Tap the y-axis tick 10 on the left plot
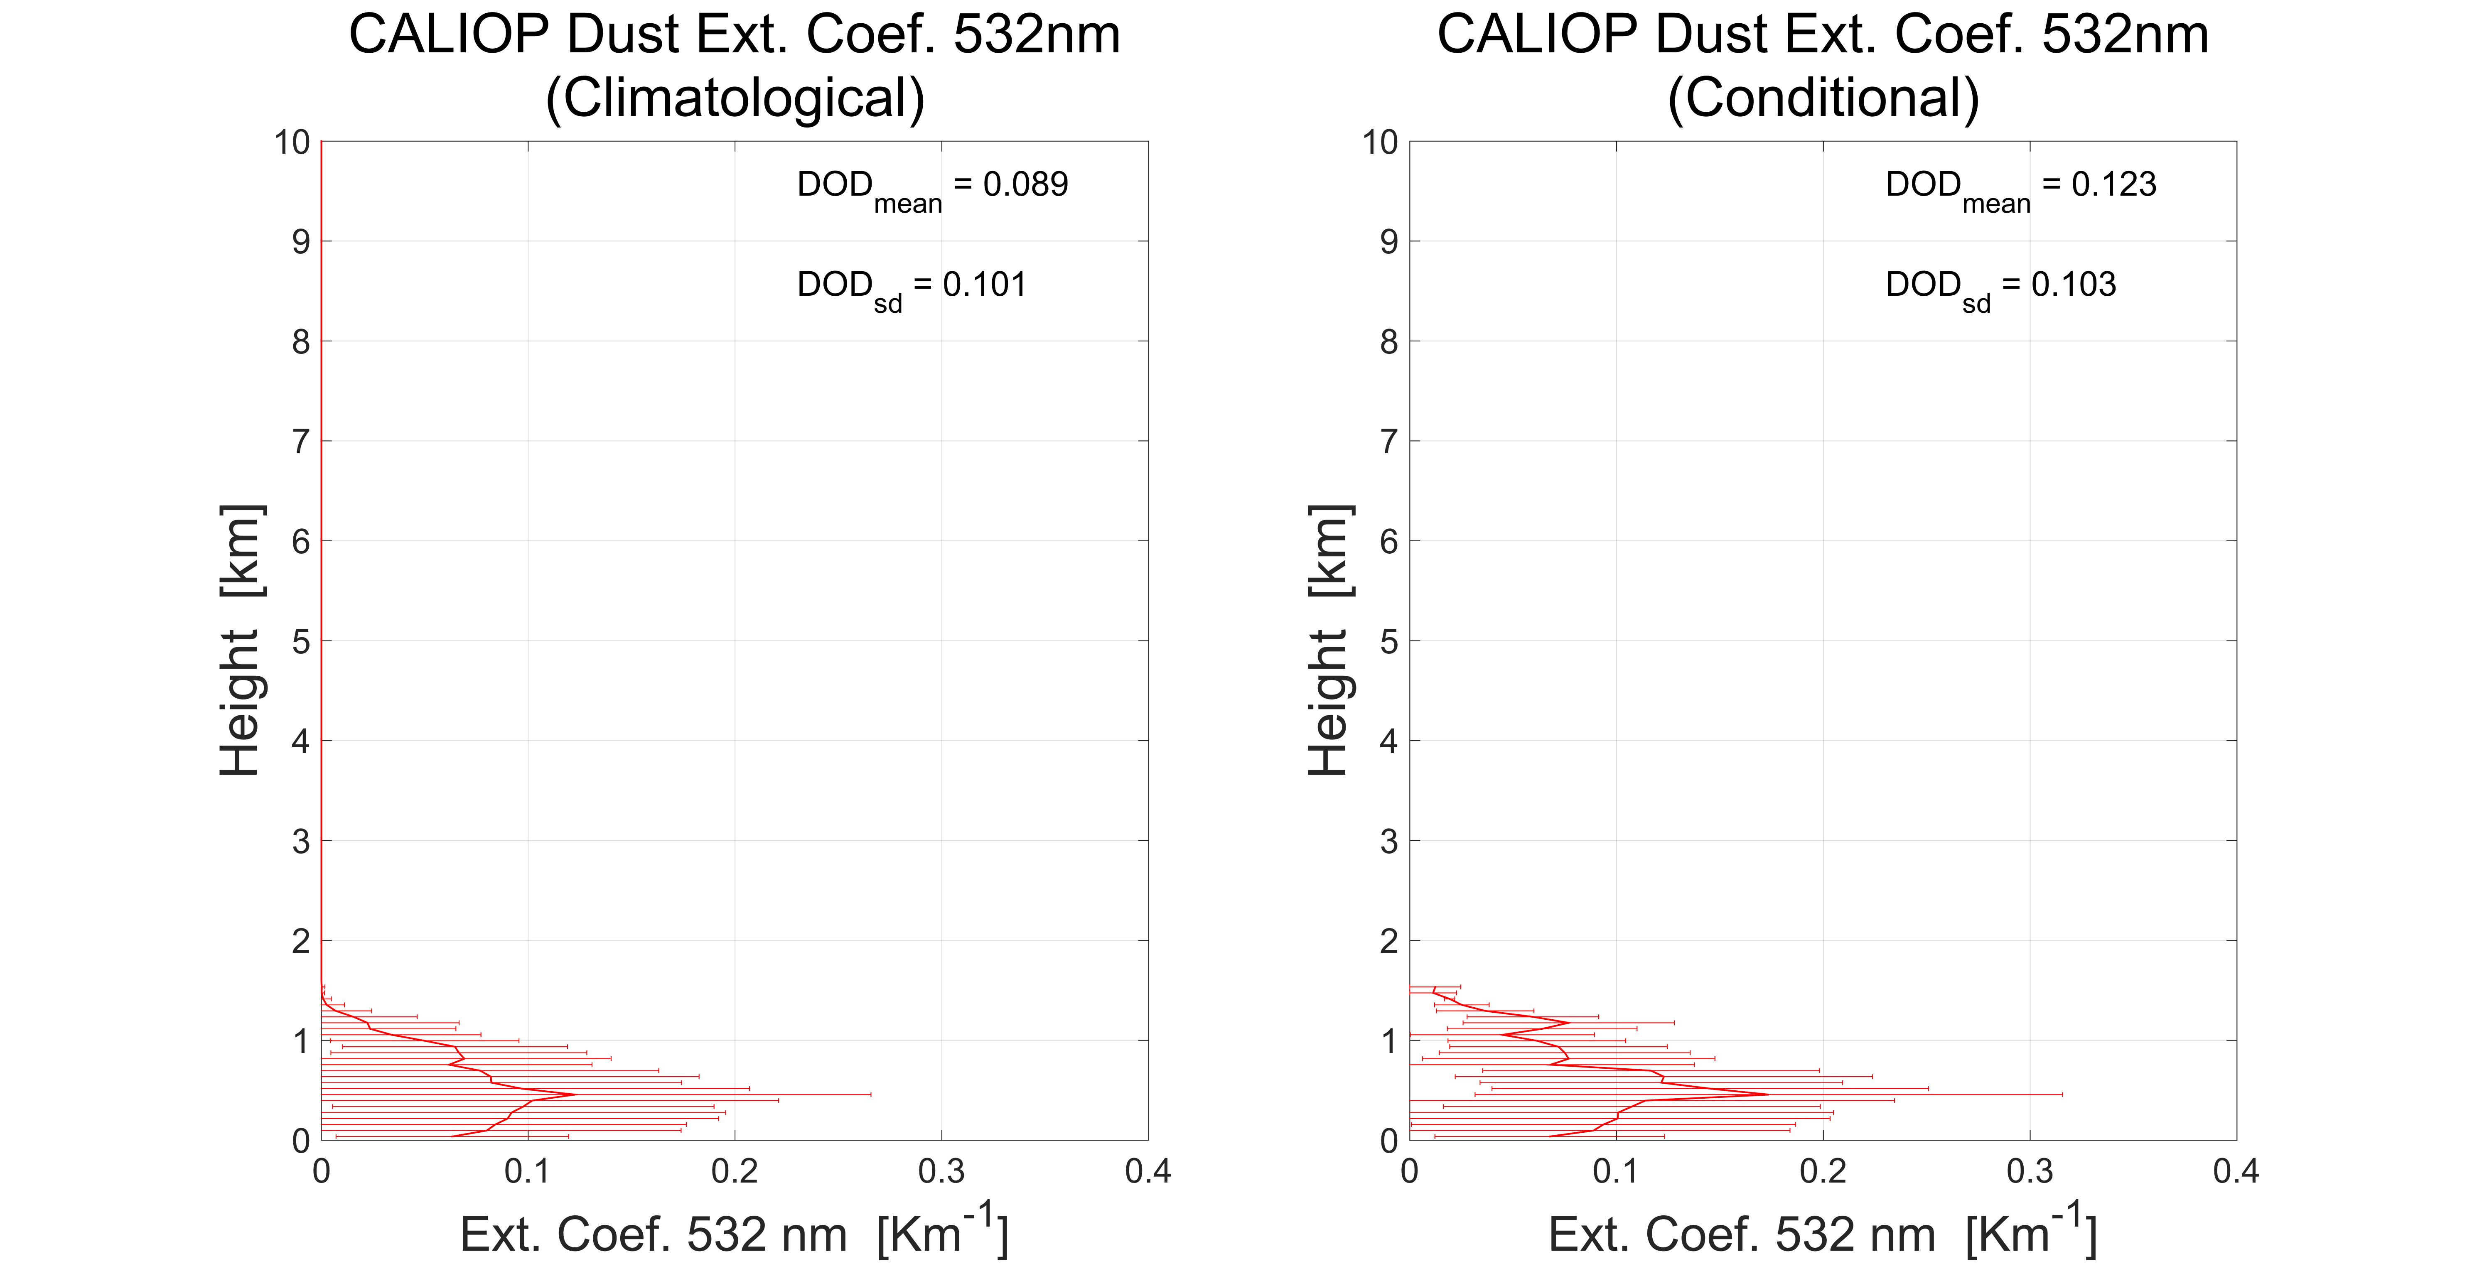[x=292, y=142]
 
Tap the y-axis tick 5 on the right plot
[x=1388, y=641]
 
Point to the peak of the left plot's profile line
[x=574, y=1094]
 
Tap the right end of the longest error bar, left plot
[x=870, y=1094]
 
